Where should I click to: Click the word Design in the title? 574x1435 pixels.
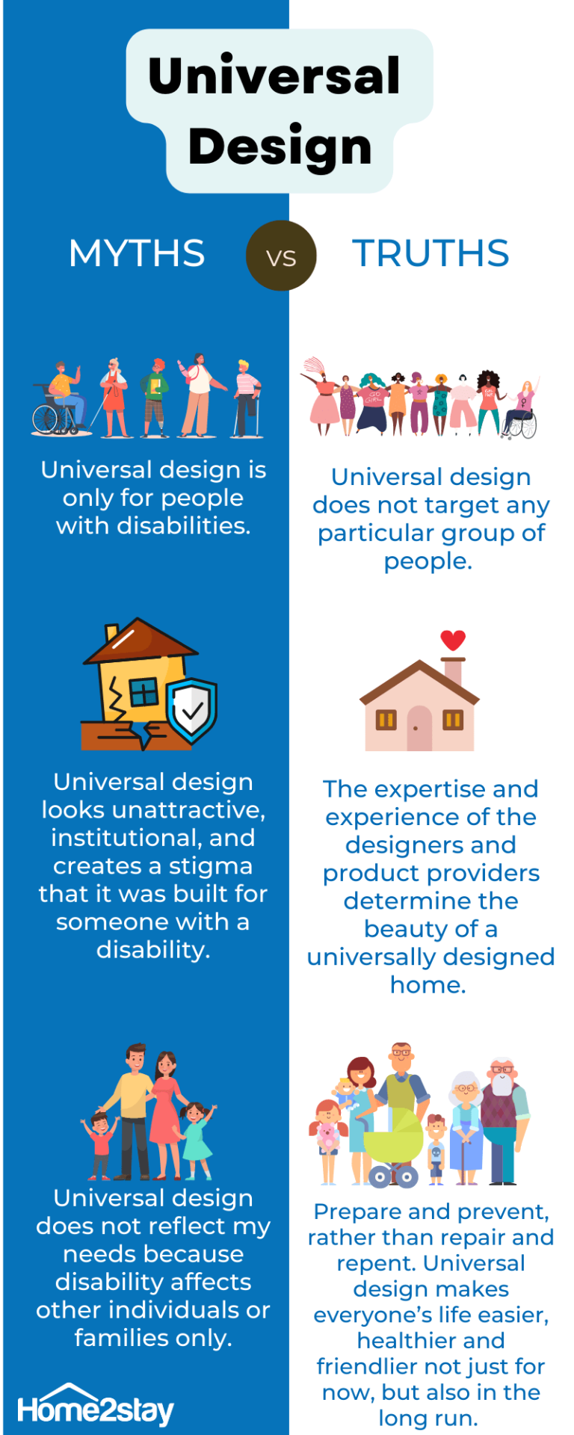pyautogui.click(x=280, y=146)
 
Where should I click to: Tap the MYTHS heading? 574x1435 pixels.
pyautogui.click(x=137, y=253)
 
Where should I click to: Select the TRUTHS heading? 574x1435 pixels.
pyautogui.click(x=430, y=253)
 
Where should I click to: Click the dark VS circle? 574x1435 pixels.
pyautogui.click(x=281, y=256)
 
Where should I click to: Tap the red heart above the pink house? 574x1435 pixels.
pyautogui.click(x=453, y=640)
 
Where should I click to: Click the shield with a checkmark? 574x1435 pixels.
pyautogui.click(x=192, y=711)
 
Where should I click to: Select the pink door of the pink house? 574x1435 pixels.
pyautogui.click(x=419, y=728)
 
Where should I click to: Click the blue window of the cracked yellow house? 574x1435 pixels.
pyautogui.click(x=145, y=692)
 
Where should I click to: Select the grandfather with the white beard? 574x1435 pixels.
pyautogui.click(x=502, y=1120)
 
